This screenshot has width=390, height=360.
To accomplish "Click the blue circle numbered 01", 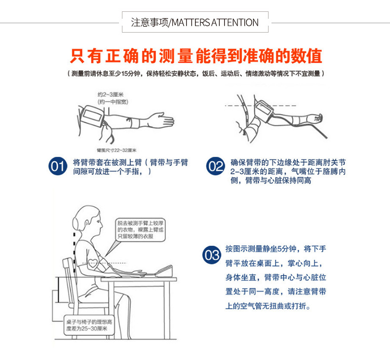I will tap(58, 166).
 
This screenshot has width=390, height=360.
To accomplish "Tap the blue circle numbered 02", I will tap(215, 166).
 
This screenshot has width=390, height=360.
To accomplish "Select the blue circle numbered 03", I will tap(212, 255).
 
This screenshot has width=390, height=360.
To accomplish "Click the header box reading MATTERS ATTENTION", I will tap(195, 23).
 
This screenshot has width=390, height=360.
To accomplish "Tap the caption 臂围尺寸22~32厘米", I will tap(116, 149).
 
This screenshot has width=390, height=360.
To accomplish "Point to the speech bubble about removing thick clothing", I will tap(141, 230).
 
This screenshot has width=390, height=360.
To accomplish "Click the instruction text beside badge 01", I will tap(130, 167).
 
